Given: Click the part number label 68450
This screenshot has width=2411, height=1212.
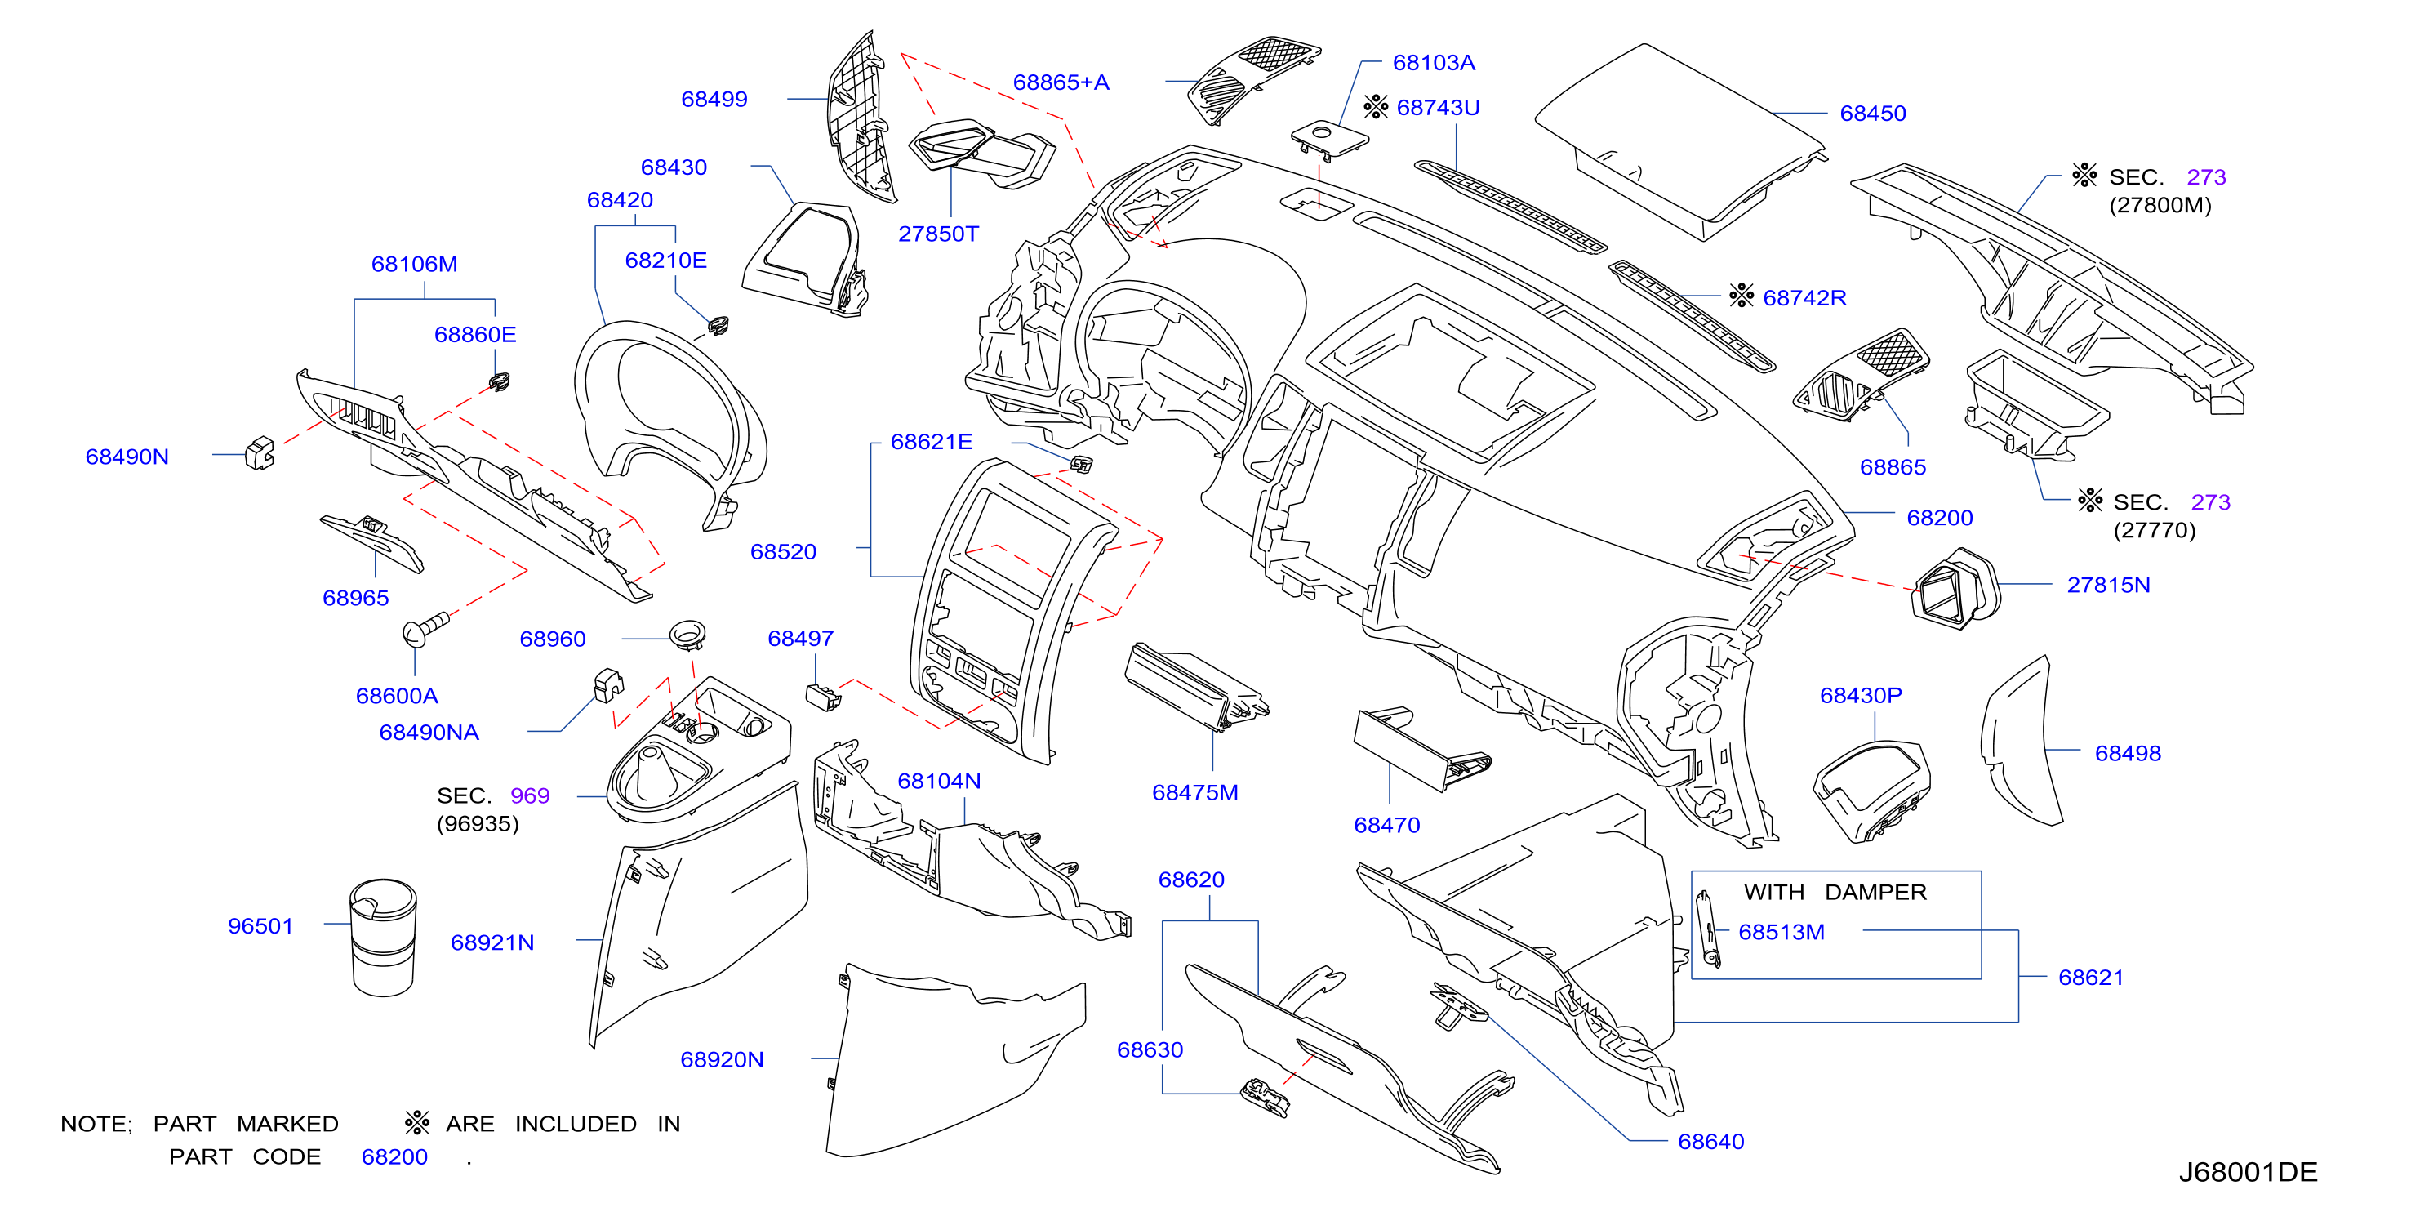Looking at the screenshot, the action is [x=1872, y=114].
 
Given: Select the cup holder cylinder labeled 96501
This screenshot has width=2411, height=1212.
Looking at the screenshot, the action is [x=383, y=937].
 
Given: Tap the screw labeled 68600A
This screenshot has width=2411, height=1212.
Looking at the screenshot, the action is [x=426, y=628].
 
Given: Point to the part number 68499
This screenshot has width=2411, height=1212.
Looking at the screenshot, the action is [x=714, y=99].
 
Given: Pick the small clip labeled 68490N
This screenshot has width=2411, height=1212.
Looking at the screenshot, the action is [x=260, y=453].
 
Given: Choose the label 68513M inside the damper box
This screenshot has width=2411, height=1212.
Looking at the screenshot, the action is [x=1782, y=932].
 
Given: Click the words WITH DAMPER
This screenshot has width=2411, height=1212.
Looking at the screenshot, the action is [x=1835, y=892].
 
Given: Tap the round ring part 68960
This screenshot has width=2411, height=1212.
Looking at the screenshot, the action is [x=687, y=635].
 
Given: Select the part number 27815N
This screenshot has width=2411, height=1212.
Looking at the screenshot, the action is [x=2108, y=585].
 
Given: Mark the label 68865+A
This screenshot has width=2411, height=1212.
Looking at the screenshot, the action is [x=1061, y=82].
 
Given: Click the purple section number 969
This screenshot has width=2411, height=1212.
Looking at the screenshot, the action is [x=530, y=795].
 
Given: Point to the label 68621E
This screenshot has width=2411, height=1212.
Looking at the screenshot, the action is [x=932, y=442].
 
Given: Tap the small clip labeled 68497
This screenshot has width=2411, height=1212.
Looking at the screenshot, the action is [x=823, y=697].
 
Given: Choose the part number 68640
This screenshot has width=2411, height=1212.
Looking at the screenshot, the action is [x=1711, y=1142].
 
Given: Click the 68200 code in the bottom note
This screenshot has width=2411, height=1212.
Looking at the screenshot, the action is [x=394, y=1156].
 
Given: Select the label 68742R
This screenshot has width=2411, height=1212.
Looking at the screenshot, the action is [x=1804, y=297].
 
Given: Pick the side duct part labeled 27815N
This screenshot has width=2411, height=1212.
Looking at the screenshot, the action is [x=1955, y=589].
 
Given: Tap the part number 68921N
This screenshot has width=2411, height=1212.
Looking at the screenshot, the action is [x=492, y=942].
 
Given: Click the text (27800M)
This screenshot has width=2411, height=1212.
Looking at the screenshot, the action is [x=2160, y=205].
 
